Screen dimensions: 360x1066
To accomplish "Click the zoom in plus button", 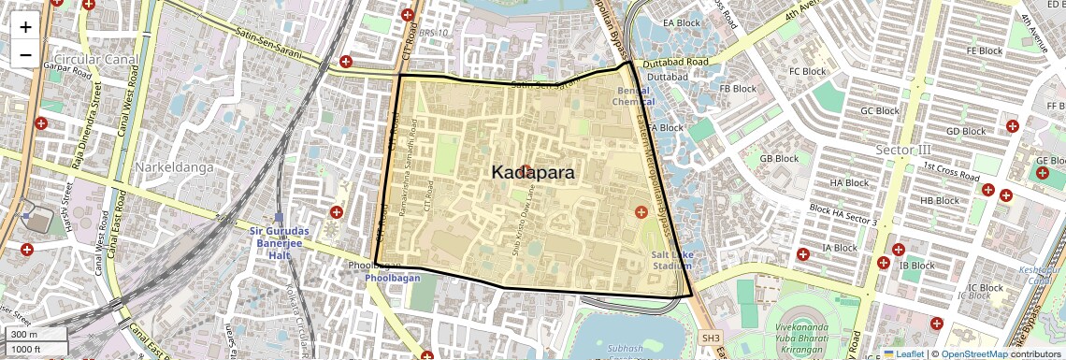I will tap(25, 26).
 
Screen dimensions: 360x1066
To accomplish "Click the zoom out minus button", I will tap(25, 55).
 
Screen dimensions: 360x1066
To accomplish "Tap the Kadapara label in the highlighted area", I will tap(533, 173).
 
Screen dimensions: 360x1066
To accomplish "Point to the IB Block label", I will tap(916, 265).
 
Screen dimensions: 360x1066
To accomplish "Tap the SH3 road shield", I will tap(712, 338).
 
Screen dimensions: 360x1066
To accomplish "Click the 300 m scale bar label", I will tap(25, 335).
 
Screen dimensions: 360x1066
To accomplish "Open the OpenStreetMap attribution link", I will tap(973, 353).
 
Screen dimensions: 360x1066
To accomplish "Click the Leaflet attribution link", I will tap(902, 353).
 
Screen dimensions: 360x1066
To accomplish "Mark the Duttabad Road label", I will tap(680, 62).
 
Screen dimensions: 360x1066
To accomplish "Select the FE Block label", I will tap(984, 50).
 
